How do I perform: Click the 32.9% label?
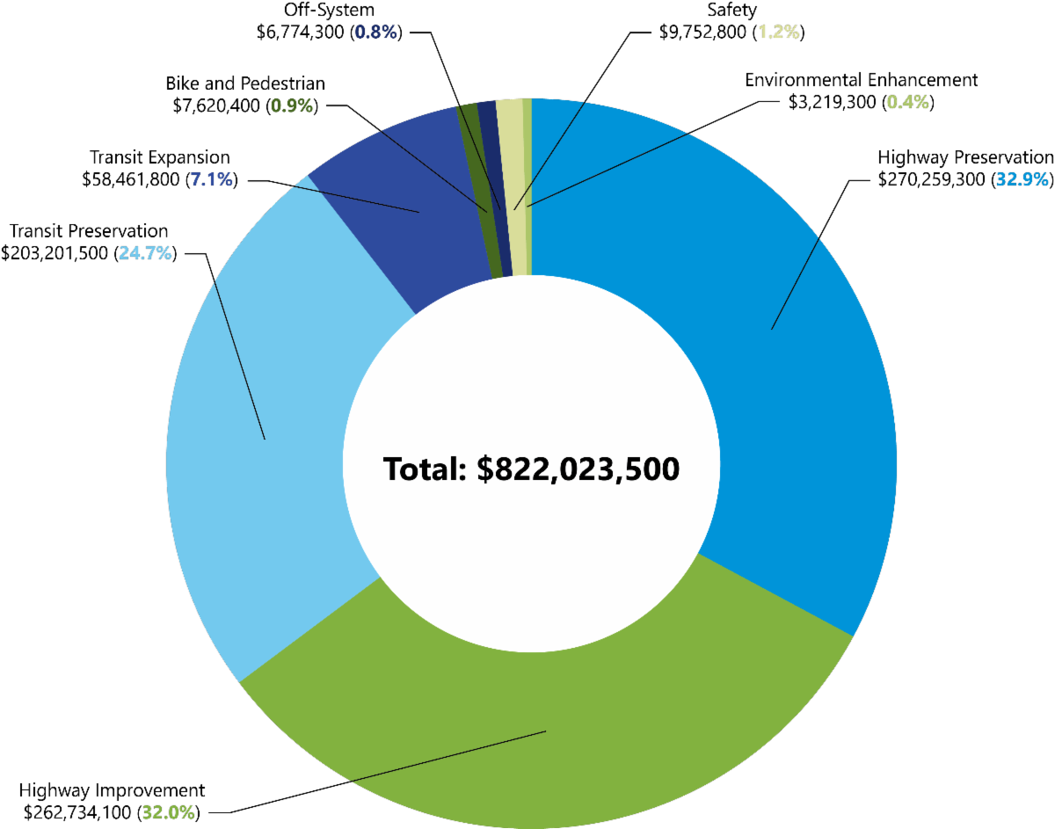pos(1022,180)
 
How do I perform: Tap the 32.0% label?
pos(168,812)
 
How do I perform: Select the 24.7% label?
pos(145,254)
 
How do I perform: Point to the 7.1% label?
pos(211,180)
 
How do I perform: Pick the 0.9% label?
pos(292,106)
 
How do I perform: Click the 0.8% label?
pos(375,33)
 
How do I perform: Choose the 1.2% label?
pos(778,33)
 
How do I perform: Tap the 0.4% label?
pos(907,102)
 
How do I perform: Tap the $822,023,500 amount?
pos(578,469)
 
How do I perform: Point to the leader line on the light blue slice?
pos(239,360)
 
